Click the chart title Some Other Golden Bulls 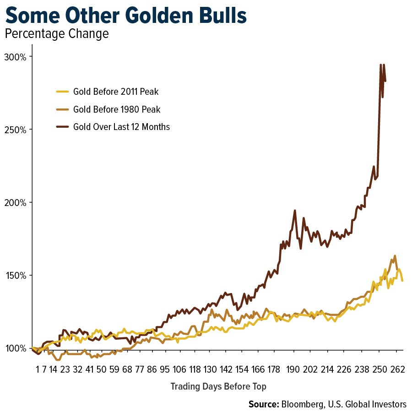pyautogui.click(x=126, y=17)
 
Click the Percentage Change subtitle pyautogui.click(x=56, y=34)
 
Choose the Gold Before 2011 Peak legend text pyautogui.click(x=116, y=92)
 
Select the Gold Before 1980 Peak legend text pyautogui.click(x=117, y=109)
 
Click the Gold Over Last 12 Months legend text pyautogui.click(x=121, y=127)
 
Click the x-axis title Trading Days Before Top pyautogui.click(x=218, y=386)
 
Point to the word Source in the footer pyautogui.click(x=263, y=404)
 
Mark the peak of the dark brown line pyautogui.click(x=381, y=65)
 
